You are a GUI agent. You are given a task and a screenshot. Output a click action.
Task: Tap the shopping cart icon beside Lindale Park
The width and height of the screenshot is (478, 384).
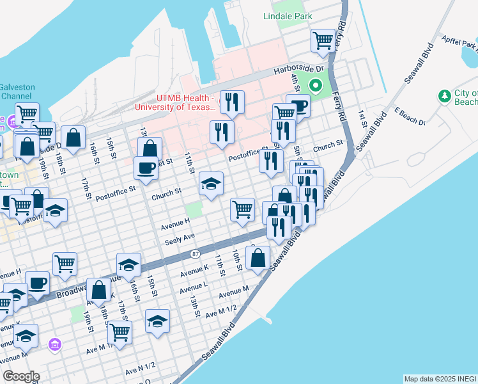coord(323,42)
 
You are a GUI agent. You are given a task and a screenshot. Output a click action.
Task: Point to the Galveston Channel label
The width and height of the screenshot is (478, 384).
coord(17,92)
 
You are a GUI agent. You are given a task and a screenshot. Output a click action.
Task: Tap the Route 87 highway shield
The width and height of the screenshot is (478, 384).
coord(195,255)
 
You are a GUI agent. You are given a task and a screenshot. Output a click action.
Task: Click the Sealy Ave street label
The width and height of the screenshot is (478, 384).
coord(180,237)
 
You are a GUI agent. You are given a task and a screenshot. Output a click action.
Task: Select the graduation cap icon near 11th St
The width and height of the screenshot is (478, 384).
coord(211,184)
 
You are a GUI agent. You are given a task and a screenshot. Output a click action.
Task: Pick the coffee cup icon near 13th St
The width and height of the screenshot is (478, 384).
coord(146,168)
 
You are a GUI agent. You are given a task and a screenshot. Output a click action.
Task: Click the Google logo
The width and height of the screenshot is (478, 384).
coord(21,376)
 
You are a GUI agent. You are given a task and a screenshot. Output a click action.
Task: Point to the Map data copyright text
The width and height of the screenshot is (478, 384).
coord(440,379)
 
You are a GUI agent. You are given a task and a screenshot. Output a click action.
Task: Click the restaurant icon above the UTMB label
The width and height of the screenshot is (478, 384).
coord(231,102)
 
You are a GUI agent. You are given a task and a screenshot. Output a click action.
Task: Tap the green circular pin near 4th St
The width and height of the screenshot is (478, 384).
coord(315,85)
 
